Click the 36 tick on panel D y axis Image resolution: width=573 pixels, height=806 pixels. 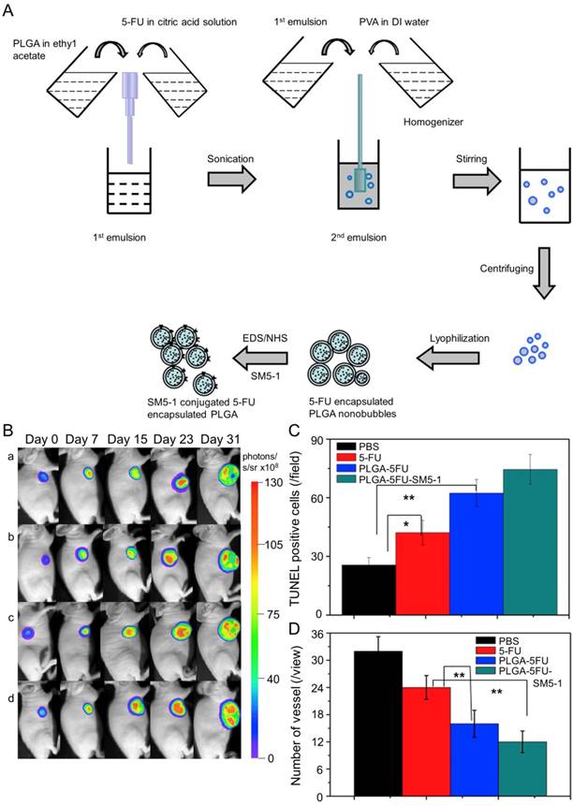[330, 634]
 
